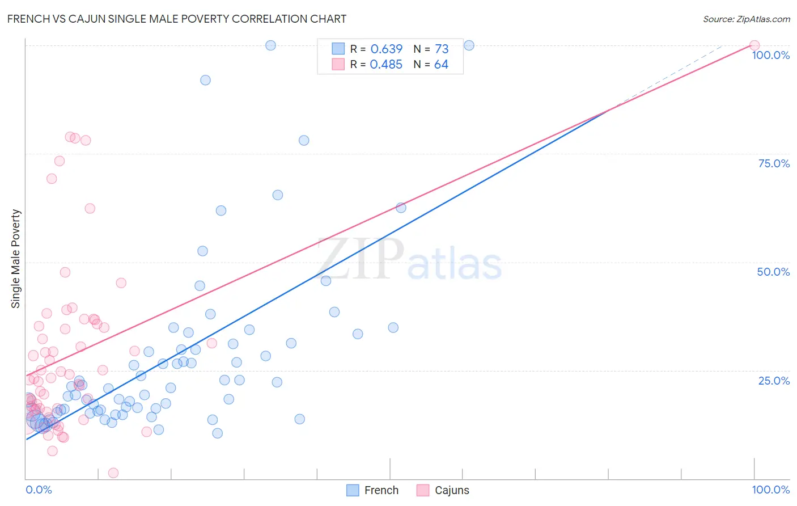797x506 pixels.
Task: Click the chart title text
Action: [x=176, y=19]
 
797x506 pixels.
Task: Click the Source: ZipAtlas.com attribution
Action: [x=746, y=19]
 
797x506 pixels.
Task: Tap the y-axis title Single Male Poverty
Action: [x=16, y=259]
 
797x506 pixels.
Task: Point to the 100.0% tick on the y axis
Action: [x=770, y=55]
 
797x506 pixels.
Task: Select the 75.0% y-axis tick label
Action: [x=773, y=163]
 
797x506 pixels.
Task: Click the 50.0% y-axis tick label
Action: [x=773, y=272]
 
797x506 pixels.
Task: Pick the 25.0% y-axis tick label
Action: [x=773, y=380]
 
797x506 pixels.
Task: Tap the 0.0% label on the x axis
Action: [x=39, y=490]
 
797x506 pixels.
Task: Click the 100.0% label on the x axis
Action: [x=770, y=490]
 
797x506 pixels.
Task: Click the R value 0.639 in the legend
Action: [x=386, y=49]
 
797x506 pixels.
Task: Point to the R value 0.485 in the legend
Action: [x=386, y=65]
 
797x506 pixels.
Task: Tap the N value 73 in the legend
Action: [x=442, y=49]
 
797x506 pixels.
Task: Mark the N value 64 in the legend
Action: [x=441, y=65]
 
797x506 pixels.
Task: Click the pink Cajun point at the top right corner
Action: [x=754, y=45]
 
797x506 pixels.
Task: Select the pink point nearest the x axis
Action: [x=113, y=473]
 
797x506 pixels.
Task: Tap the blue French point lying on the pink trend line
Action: [x=401, y=208]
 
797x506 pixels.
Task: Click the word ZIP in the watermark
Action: [x=361, y=259]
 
